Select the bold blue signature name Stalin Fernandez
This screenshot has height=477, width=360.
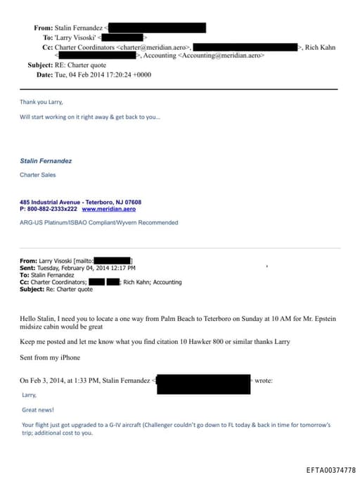(x=46, y=161)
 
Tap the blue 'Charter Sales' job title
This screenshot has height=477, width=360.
(x=37, y=175)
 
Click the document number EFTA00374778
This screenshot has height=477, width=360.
(x=330, y=469)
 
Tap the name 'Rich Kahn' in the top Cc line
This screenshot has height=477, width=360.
(x=320, y=47)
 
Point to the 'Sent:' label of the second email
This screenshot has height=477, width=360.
(x=27, y=268)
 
